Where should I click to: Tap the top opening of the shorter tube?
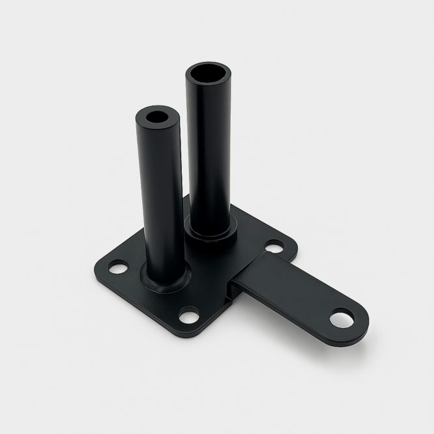pos(157,119)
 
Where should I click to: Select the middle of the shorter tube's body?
pos(160,195)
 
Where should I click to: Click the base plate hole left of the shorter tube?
pos(118,267)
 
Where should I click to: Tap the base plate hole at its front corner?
pos(189,317)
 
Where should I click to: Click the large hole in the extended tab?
pos(341,319)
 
